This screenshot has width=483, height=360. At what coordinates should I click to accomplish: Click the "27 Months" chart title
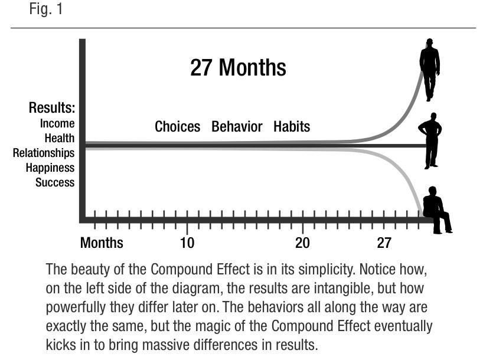pos(238,68)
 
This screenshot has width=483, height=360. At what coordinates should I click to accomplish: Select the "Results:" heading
pos(51,109)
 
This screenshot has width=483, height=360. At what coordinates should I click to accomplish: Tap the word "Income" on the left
pos(57,123)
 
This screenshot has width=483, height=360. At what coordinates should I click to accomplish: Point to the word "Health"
pos(60,138)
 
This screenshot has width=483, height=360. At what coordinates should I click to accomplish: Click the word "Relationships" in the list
pos(44,153)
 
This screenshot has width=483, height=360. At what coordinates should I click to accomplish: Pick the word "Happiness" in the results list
pos(50,168)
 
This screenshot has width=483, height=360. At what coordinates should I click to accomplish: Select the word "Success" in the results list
pos(55,182)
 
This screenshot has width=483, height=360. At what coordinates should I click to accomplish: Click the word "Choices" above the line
pos(177,127)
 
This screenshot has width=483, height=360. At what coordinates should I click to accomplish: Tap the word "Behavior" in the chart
pos(237,127)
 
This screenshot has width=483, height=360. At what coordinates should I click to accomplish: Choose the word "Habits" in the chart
pos(292,127)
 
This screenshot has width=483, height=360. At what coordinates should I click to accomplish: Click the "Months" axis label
pos(102,243)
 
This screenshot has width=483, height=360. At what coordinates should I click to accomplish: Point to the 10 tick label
pos(187,243)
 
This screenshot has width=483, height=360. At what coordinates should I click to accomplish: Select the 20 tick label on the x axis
pos(302,243)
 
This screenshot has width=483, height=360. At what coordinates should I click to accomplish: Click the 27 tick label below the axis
pos(384,243)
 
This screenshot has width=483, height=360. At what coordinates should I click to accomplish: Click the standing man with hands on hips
pos(431,140)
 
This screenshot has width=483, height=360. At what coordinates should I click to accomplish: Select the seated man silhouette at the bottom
pos(436,210)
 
